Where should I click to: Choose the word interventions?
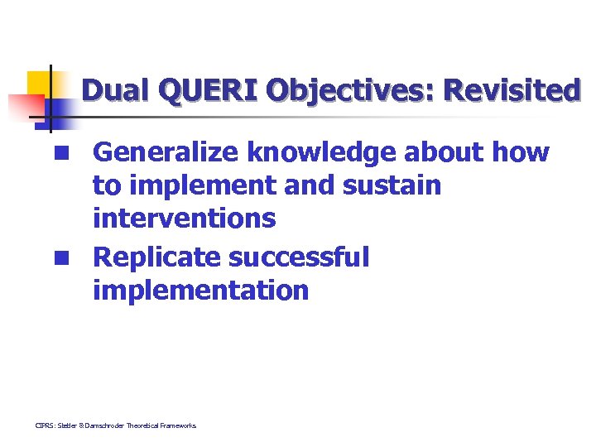tap(184, 219)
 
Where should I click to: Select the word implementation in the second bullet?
tap(200, 291)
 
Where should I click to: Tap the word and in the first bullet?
tap(309, 185)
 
